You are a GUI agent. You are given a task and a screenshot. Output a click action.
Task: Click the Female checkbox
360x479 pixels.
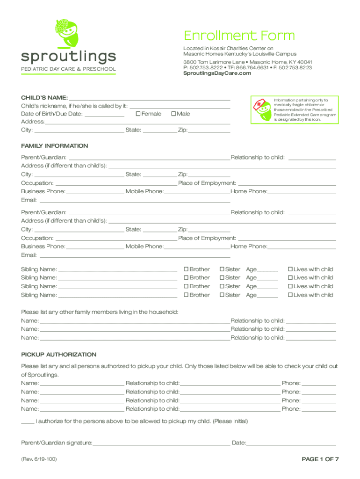point(138,114)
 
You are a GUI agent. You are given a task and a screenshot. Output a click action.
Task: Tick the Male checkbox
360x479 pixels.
point(173,114)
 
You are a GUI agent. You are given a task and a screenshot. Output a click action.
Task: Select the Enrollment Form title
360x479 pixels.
point(239,36)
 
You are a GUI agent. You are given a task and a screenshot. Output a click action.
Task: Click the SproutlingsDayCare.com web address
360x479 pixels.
point(214,73)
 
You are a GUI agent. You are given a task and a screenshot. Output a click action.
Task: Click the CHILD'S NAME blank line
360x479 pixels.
point(150,98)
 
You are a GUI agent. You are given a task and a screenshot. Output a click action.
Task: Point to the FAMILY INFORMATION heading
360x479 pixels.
point(55,146)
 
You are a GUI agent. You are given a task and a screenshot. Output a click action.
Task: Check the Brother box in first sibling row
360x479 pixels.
point(186,269)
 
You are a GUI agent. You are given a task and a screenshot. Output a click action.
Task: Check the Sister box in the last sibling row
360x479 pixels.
point(222,295)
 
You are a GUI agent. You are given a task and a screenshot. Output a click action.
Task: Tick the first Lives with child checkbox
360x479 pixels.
point(290,269)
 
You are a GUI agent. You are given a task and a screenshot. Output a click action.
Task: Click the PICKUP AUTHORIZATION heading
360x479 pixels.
point(59,355)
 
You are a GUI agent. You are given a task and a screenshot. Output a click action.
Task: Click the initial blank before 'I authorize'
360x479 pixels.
point(28,421)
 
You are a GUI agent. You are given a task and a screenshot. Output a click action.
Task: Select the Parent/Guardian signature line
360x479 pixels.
point(161,443)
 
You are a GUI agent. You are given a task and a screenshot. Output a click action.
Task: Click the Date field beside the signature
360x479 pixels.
point(291,443)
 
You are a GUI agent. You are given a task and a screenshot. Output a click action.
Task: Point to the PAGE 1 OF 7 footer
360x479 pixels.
point(320,459)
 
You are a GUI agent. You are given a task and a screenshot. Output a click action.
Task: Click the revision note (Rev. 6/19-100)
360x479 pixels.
point(39,459)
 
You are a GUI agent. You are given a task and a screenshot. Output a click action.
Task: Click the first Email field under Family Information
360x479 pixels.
point(135,201)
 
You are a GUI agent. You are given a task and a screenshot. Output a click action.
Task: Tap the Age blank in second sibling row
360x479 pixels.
point(267,278)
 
